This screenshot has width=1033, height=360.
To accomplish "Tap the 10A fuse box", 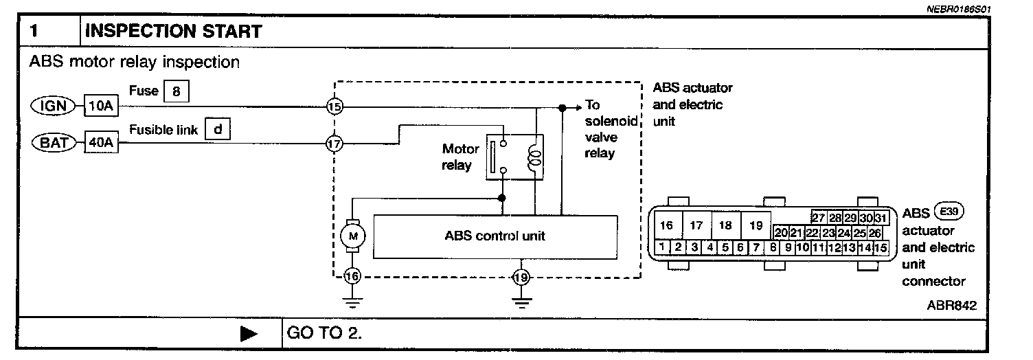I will (101, 106).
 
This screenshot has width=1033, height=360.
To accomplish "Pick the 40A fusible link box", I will (101, 144).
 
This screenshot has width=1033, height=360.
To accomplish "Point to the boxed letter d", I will (217, 128).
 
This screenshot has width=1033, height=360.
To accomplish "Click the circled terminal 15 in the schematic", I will (334, 107).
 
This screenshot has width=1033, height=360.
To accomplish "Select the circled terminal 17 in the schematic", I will (334, 144).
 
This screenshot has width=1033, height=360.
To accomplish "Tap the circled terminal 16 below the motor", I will (352, 277).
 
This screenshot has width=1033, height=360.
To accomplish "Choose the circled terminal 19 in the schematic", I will (521, 278).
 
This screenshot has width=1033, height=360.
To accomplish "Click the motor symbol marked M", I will (353, 236).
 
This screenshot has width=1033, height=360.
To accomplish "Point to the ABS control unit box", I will (495, 236).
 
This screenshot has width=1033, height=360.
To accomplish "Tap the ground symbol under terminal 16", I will (352, 300).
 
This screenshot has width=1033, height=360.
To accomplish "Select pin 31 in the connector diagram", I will (881, 218).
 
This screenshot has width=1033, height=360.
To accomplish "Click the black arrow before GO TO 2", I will (249, 334).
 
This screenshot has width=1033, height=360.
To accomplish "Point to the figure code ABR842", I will (951, 305).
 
